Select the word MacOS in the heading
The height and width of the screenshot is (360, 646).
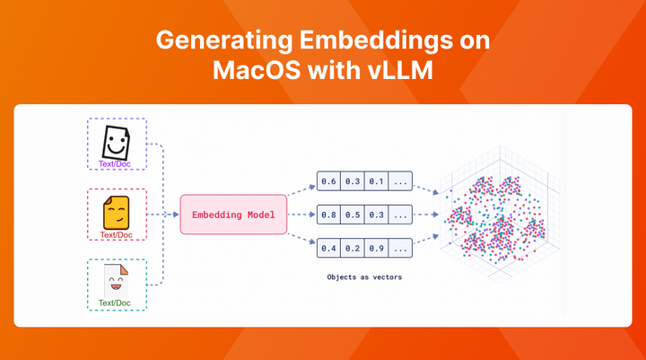[250, 71]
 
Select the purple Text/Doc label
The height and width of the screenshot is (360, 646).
[114, 165]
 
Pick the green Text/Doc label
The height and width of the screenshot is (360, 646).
[115, 303]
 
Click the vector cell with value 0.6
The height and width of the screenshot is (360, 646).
[328, 182]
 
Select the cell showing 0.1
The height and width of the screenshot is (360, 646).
[375, 182]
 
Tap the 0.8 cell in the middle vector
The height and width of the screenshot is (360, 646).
[328, 215]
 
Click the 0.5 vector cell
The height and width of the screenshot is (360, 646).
[352, 215]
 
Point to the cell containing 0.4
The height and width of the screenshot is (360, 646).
[328, 247]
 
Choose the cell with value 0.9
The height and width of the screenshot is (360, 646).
[375, 247]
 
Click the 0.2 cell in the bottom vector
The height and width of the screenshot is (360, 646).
[352, 247]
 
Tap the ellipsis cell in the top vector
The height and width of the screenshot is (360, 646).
[400, 182]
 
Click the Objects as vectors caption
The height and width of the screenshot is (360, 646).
[364, 277]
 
